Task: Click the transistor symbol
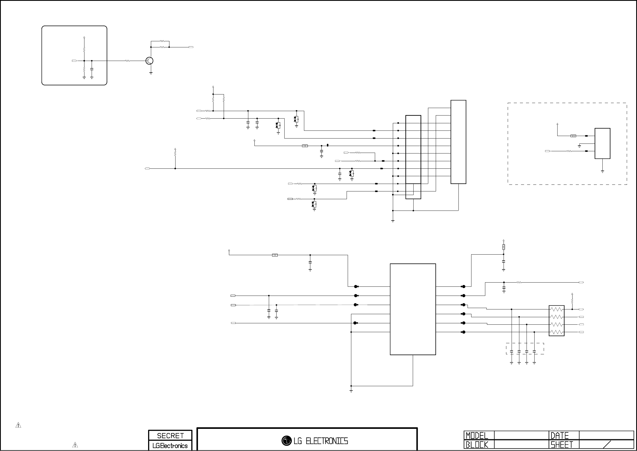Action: (149, 61)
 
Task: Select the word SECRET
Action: (170, 435)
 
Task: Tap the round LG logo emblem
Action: (286, 440)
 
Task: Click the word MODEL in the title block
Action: (477, 435)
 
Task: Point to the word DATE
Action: (559, 435)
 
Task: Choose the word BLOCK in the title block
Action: (477, 445)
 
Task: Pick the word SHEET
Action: (562, 445)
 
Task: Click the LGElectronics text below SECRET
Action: (170, 446)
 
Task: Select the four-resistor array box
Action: (556, 321)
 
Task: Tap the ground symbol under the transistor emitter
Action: (151, 73)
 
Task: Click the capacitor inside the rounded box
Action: (92, 69)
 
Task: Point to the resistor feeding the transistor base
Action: (127, 61)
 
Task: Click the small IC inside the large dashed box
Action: (602, 143)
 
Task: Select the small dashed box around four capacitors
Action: (525, 348)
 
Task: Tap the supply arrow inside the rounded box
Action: (84, 37)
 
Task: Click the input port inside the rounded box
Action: (74, 61)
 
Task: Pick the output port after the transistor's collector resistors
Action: (191, 47)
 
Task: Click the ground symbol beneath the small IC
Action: (602, 172)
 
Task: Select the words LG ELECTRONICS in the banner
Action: (321, 441)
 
